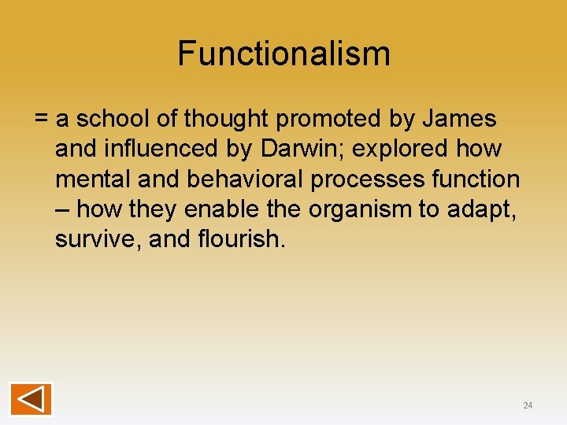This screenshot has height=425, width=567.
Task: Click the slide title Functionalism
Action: tap(283, 54)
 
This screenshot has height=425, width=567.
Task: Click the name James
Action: tap(459, 120)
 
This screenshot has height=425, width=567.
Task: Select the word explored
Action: tap(404, 150)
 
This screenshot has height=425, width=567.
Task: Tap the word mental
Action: tap(93, 179)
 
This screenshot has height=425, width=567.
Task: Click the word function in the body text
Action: tap(476, 179)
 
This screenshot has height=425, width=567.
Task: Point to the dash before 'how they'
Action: tap(62, 210)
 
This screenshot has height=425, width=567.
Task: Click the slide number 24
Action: tap(528, 405)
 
